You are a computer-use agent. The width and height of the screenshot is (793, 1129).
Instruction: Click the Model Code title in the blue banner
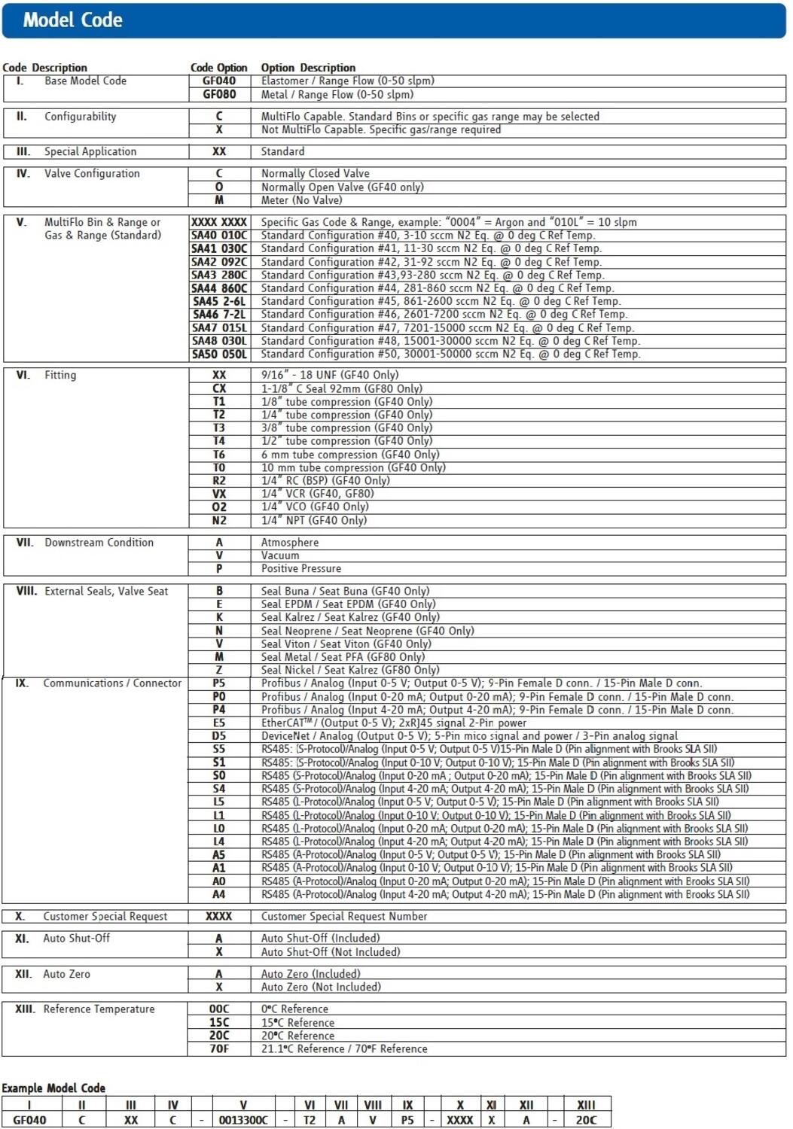(x=72, y=20)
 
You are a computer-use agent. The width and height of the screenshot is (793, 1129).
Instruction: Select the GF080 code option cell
(x=219, y=95)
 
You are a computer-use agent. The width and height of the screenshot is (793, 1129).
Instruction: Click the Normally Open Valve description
(x=342, y=187)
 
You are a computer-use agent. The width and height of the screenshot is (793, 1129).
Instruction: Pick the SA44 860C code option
(x=219, y=288)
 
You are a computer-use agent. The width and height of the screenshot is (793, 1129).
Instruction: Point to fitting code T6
(x=219, y=455)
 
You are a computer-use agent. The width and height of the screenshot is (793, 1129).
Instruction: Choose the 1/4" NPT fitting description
(x=313, y=521)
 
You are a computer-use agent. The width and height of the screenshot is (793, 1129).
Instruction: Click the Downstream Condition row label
(x=99, y=543)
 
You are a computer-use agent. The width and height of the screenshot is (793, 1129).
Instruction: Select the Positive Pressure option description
(x=300, y=569)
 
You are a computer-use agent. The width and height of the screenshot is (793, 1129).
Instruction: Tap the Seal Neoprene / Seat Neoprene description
(x=367, y=631)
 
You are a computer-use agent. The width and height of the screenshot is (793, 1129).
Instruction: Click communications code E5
(x=219, y=723)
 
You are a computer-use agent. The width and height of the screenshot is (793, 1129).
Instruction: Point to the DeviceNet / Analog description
(x=469, y=736)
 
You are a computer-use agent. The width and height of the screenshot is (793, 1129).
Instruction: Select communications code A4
(x=219, y=895)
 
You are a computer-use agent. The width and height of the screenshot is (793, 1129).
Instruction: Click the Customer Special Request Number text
(x=343, y=917)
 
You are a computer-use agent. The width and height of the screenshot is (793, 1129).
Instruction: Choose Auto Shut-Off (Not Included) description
(x=330, y=952)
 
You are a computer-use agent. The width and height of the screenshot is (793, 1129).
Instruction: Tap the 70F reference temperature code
(x=219, y=1049)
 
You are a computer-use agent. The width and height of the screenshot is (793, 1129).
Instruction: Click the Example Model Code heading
(x=53, y=1088)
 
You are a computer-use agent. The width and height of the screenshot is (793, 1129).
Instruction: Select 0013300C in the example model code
(x=243, y=1120)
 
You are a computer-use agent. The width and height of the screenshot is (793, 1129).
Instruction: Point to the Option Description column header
(x=308, y=68)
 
